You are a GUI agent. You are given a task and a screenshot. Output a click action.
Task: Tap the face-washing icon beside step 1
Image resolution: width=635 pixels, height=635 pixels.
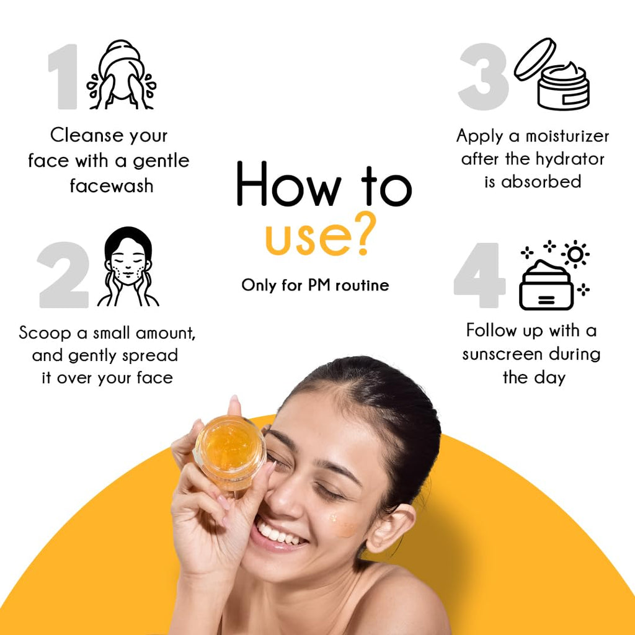[x=121, y=74]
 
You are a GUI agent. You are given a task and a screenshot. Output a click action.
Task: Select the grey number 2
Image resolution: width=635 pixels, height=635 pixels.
[x=64, y=275]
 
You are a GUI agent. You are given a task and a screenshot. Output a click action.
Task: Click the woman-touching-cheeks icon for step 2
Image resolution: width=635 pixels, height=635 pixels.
[x=128, y=267]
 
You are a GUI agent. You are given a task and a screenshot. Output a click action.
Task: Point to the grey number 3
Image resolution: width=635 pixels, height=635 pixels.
[x=484, y=76]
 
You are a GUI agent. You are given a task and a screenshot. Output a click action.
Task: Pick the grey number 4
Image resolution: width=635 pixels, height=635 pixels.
[x=480, y=275]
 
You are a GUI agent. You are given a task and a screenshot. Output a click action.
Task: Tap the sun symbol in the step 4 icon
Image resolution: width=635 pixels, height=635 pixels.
[x=575, y=254]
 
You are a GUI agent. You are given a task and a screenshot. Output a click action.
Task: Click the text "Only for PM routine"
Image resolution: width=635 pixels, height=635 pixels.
[x=315, y=285]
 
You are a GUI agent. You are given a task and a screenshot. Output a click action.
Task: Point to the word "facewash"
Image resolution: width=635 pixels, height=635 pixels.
[x=112, y=186]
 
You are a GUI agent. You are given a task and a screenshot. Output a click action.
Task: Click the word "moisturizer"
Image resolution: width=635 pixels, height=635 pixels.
[x=567, y=136]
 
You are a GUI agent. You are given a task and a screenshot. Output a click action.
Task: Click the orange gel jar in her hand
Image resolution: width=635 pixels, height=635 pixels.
[x=229, y=453]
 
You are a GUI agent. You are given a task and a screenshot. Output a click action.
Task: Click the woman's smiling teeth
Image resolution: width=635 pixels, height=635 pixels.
[x=281, y=533]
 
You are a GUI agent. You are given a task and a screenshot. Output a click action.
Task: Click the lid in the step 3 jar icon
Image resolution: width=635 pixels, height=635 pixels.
[x=535, y=59]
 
